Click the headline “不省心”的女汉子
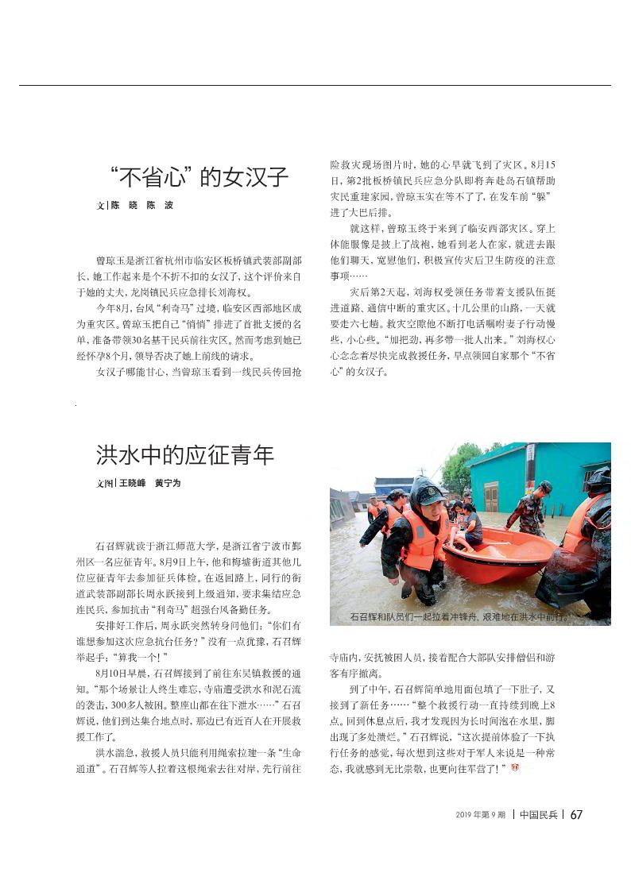[199, 176]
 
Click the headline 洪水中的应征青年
[185, 455]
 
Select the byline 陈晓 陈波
[141, 205]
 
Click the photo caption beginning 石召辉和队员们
[459, 616]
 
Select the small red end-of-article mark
[514, 767]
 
